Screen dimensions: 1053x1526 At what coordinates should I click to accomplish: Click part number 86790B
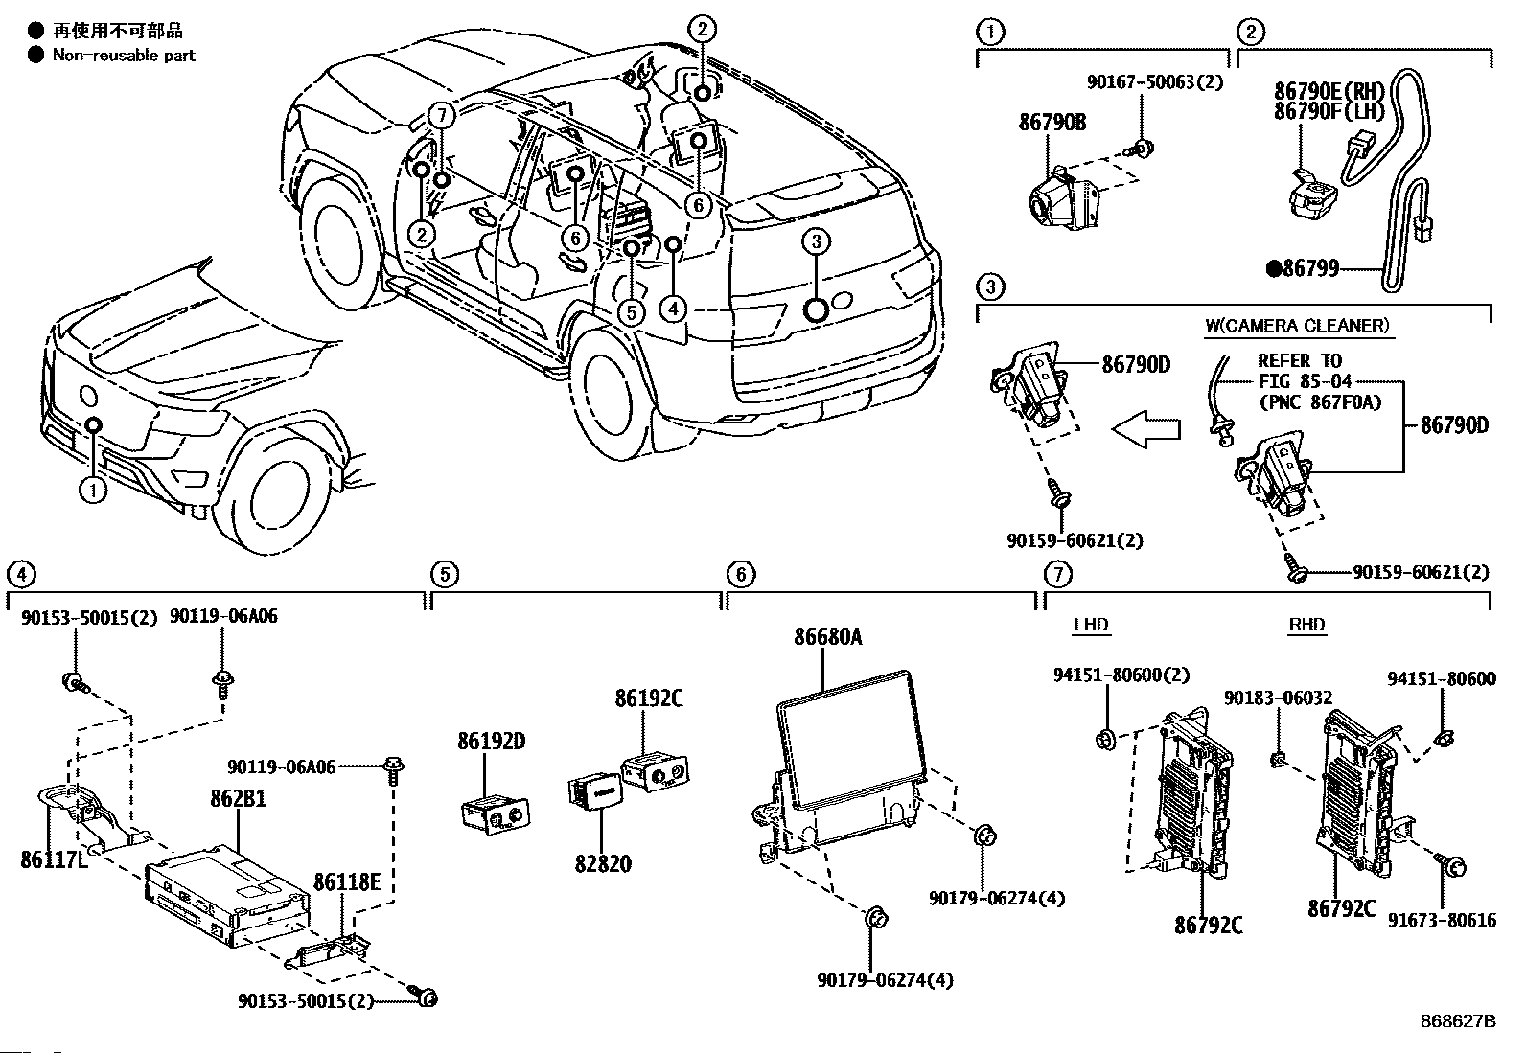coord(1052,123)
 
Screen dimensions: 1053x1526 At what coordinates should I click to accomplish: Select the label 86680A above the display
coord(827,637)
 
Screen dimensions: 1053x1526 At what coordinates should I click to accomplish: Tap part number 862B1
coord(238,798)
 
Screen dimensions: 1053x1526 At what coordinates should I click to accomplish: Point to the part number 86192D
coord(491,741)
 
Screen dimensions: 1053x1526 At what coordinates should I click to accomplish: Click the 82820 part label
coord(603,863)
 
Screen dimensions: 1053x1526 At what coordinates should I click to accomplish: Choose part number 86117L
coord(54,859)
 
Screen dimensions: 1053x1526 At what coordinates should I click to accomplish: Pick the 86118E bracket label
coord(347,881)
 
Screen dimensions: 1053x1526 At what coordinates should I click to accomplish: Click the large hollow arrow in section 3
coord(1144,428)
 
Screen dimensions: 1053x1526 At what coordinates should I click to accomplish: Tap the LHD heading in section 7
coord(1091,625)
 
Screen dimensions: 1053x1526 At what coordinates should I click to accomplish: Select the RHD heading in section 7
coord(1306,625)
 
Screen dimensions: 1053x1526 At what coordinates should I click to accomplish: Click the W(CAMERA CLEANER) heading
coord(1297,325)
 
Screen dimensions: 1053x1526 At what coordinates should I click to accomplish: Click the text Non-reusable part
coord(124,56)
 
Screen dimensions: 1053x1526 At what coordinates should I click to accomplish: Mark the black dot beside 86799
coord(1274,269)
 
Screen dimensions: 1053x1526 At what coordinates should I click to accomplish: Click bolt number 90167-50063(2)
coord(1155,82)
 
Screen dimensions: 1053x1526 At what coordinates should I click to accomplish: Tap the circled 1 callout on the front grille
coord(93,491)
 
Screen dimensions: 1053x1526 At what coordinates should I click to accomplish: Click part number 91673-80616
coord(1442,920)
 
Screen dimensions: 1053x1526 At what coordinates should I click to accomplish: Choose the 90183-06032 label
coord(1278,699)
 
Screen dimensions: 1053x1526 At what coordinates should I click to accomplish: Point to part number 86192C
coord(649,698)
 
